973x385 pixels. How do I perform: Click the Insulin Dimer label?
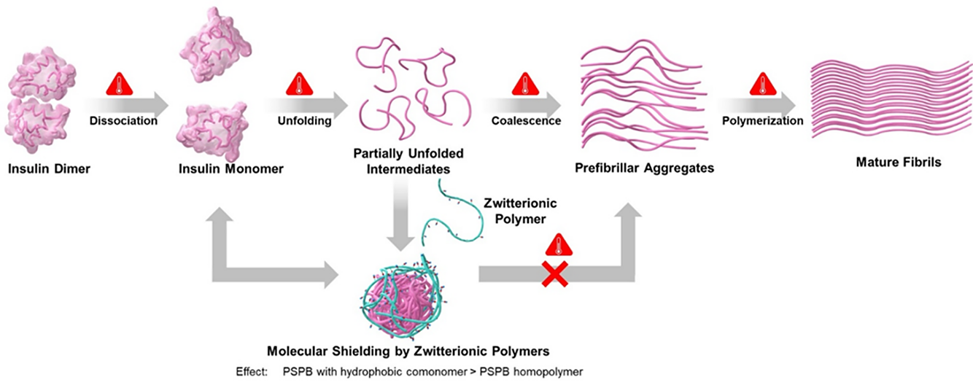(49, 168)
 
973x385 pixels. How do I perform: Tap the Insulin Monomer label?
(231, 168)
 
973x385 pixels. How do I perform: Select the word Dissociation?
(123, 120)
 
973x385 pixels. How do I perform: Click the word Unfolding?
(304, 120)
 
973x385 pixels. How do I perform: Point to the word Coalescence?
(526, 120)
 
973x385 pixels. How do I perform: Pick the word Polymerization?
(763, 120)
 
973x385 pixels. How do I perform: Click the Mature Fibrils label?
(899, 162)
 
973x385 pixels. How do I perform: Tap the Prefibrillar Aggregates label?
(645, 168)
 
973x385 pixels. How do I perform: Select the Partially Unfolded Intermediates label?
(408, 161)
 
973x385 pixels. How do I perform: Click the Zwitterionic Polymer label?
(520, 211)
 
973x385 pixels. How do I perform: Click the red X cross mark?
(555, 274)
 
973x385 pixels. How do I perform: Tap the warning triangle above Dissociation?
(120, 85)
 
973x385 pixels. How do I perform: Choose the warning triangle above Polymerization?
(763, 84)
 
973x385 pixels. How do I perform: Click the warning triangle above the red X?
(559, 245)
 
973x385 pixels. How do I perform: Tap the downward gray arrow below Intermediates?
(400, 214)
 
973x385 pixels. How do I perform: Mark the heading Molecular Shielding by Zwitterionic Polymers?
(408, 351)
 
